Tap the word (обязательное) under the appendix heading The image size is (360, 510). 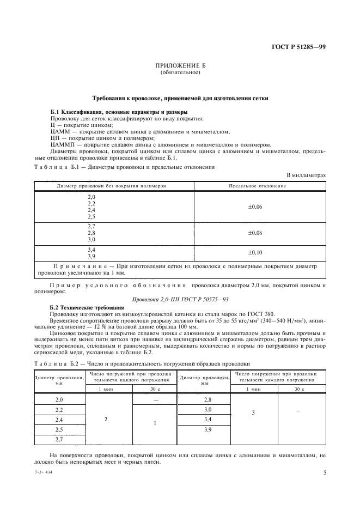coord(180,72)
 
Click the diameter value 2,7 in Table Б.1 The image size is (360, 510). coord(91,226)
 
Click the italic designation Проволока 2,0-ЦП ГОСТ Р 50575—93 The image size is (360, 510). coord(180,299)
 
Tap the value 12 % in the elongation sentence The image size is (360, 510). coord(96,328)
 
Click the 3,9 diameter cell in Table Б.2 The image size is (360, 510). coord(208,429)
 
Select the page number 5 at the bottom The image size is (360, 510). coord(325,472)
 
